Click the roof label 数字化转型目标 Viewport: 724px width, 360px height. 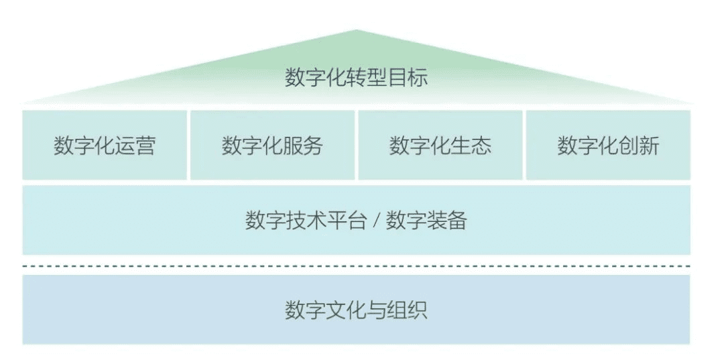tap(356, 78)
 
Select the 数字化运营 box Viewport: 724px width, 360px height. tap(105, 145)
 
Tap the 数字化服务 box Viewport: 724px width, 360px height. tap(272, 145)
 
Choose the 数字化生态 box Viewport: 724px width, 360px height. tap(440, 145)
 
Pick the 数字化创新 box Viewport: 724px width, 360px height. tap(608, 145)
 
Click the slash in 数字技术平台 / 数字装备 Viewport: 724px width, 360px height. tap(376, 221)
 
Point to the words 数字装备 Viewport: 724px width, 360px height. tap(426, 221)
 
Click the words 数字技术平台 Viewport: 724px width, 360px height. tap(306, 221)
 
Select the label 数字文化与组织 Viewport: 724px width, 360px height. tap(356, 310)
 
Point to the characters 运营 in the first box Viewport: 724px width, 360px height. tap(139, 145)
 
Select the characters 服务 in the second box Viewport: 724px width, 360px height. tap(306, 145)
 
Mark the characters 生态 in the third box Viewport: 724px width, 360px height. tap(475, 145)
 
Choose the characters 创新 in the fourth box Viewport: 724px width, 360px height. tap(642, 145)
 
